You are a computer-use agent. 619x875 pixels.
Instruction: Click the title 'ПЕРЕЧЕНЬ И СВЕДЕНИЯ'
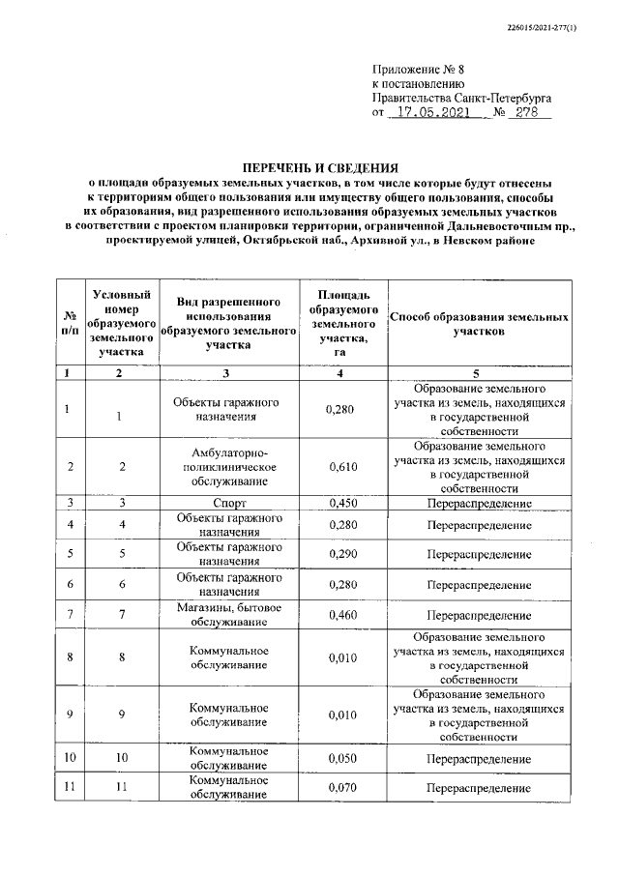click(x=309, y=165)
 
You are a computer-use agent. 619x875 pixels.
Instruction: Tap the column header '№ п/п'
click(x=70, y=323)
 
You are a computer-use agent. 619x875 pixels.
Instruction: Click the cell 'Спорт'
click(x=226, y=503)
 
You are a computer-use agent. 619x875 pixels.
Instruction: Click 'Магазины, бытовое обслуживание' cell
click(x=226, y=613)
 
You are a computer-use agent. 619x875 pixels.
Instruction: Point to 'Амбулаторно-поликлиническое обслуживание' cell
click(x=226, y=467)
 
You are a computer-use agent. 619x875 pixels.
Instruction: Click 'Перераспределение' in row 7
click(x=481, y=613)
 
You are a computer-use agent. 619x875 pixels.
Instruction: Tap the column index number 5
click(x=481, y=372)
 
